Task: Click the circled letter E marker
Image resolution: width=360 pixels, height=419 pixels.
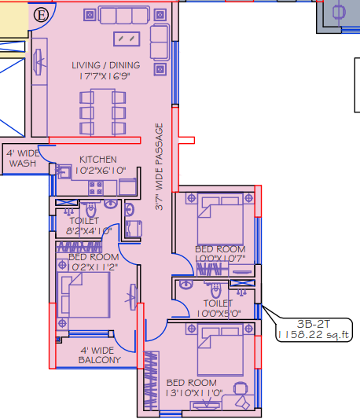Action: tap(42, 13)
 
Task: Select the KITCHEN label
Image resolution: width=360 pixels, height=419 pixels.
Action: tap(97, 160)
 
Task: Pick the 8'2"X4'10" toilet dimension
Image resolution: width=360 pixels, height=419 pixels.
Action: tap(84, 232)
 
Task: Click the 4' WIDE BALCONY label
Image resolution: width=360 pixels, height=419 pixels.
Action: tap(100, 355)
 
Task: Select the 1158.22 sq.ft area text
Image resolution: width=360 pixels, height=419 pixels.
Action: tap(314, 334)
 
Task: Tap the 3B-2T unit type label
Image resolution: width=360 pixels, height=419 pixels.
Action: tap(312, 322)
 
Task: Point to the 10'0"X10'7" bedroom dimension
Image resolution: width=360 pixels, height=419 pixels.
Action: tap(220, 259)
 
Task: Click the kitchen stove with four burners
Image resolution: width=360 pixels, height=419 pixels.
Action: tap(97, 188)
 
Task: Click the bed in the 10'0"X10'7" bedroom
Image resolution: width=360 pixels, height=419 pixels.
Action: tap(218, 218)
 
